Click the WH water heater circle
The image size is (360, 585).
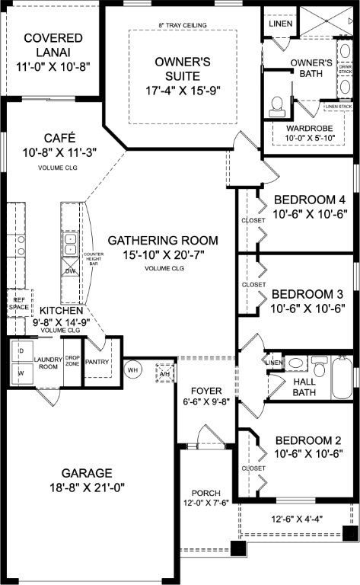tap(133, 370)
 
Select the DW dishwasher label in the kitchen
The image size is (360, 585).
tap(69, 270)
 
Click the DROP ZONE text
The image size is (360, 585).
tap(72, 360)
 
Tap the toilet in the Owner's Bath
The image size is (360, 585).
tap(277, 103)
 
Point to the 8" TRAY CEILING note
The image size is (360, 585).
tap(182, 24)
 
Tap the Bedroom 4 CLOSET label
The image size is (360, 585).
tap(254, 221)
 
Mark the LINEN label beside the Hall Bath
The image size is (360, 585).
tap(273, 362)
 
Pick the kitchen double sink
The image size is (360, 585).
tap(69, 245)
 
